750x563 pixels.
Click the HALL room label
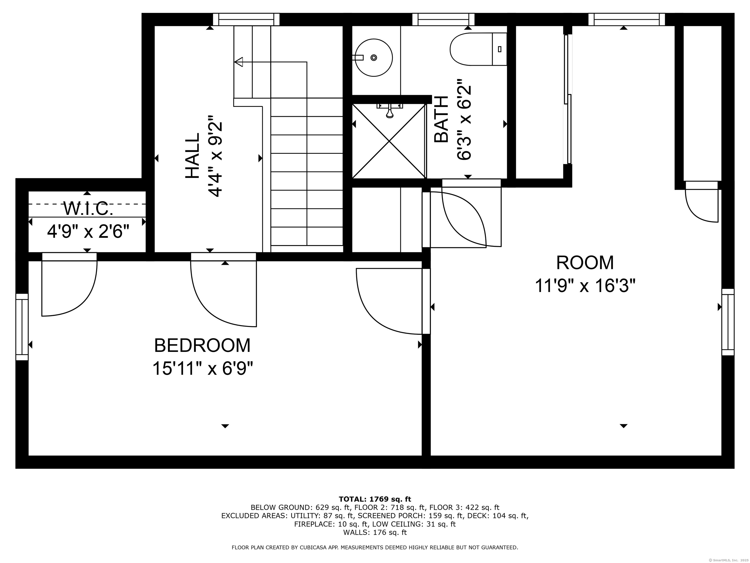coord(193,155)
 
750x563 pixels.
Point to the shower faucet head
coord(390,112)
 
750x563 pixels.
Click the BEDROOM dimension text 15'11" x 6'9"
coord(203,368)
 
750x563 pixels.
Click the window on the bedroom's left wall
coord(22,327)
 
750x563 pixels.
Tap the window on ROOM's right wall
coord(728,322)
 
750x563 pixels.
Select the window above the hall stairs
coord(246,19)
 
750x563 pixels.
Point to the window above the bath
coord(443,19)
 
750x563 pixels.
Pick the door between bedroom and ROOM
coord(426,301)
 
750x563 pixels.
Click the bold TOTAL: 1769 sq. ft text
coord(375,499)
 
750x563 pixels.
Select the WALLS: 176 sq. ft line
coord(375,532)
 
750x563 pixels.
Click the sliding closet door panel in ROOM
coord(568,98)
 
